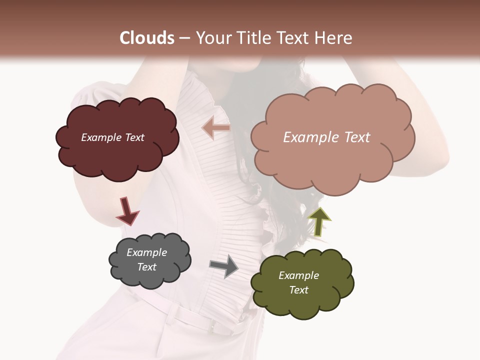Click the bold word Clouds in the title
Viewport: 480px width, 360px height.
click(x=147, y=38)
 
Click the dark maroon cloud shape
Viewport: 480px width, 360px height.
click(x=117, y=155)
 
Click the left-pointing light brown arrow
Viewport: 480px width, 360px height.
click(x=216, y=128)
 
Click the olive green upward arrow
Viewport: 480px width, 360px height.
click(x=319, y=221)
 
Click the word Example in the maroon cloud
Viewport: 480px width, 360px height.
click(x=101, y=137)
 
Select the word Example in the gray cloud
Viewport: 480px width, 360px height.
click(x=146, y=252)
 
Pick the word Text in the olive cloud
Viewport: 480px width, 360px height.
click(x=298, y=290)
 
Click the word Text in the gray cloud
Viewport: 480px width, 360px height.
click(x=146, y=267)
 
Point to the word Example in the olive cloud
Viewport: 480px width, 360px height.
click(x=298, y=275)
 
